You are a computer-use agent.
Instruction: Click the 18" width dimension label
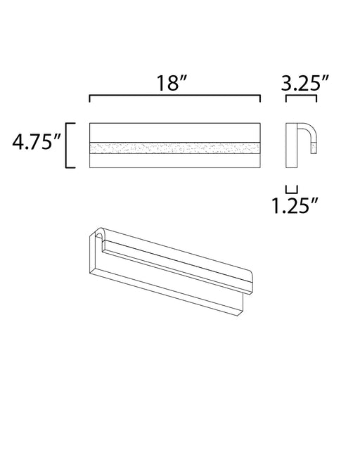(172, 83)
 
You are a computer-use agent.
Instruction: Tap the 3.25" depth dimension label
(304, 83)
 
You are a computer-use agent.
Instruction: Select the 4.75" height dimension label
(36, 141)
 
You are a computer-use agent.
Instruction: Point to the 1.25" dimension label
(295, 205)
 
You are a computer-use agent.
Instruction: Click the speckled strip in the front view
(175, 148)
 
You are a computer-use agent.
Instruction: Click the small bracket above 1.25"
(291, 189)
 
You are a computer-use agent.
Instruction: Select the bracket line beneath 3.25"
(301, 96)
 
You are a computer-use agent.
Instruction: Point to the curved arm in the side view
(308, 133)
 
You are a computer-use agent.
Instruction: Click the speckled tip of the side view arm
(314, 148)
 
